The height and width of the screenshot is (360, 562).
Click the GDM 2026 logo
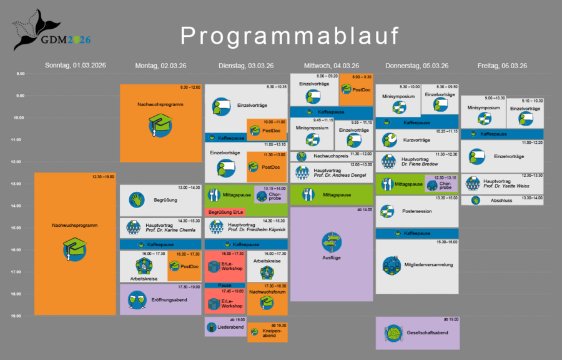point(51,31)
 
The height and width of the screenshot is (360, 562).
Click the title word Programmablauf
point(290,36)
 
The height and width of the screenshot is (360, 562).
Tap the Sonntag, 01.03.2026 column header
point(75,66)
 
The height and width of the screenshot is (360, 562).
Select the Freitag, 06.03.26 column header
point(502,66)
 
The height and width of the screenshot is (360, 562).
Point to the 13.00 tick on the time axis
point(20,184)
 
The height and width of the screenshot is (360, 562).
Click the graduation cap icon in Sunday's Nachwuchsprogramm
point(74,250)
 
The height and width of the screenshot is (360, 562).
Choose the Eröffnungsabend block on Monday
point(160,300)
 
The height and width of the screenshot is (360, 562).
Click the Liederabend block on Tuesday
point(225,326)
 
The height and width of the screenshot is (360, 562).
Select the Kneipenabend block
point(267,332)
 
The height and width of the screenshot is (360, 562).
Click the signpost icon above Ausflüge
point(332,241)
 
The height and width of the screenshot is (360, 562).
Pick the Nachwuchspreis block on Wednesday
point(332,156)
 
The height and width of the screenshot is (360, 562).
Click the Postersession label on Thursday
point(417,211)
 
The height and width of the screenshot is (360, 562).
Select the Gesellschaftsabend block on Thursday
point(417,332)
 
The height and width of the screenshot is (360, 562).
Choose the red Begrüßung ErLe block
point(225,212)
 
